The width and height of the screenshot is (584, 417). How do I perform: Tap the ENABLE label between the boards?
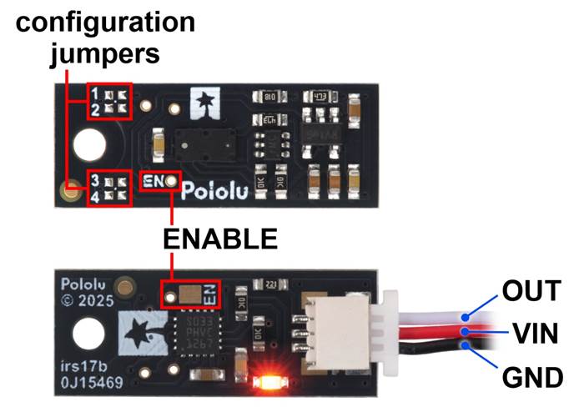pyautogui.click(x=219, y=240)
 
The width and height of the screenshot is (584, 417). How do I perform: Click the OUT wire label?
pyautogui.click(x=531, y=292)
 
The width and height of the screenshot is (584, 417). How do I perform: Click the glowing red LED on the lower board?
pyautogui.click(x=268, y=383)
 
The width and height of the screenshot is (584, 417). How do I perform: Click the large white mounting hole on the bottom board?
pyautogui.click(x=88, y=336)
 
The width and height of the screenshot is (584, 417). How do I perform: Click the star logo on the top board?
pyautogui.click(x=204, y=103)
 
